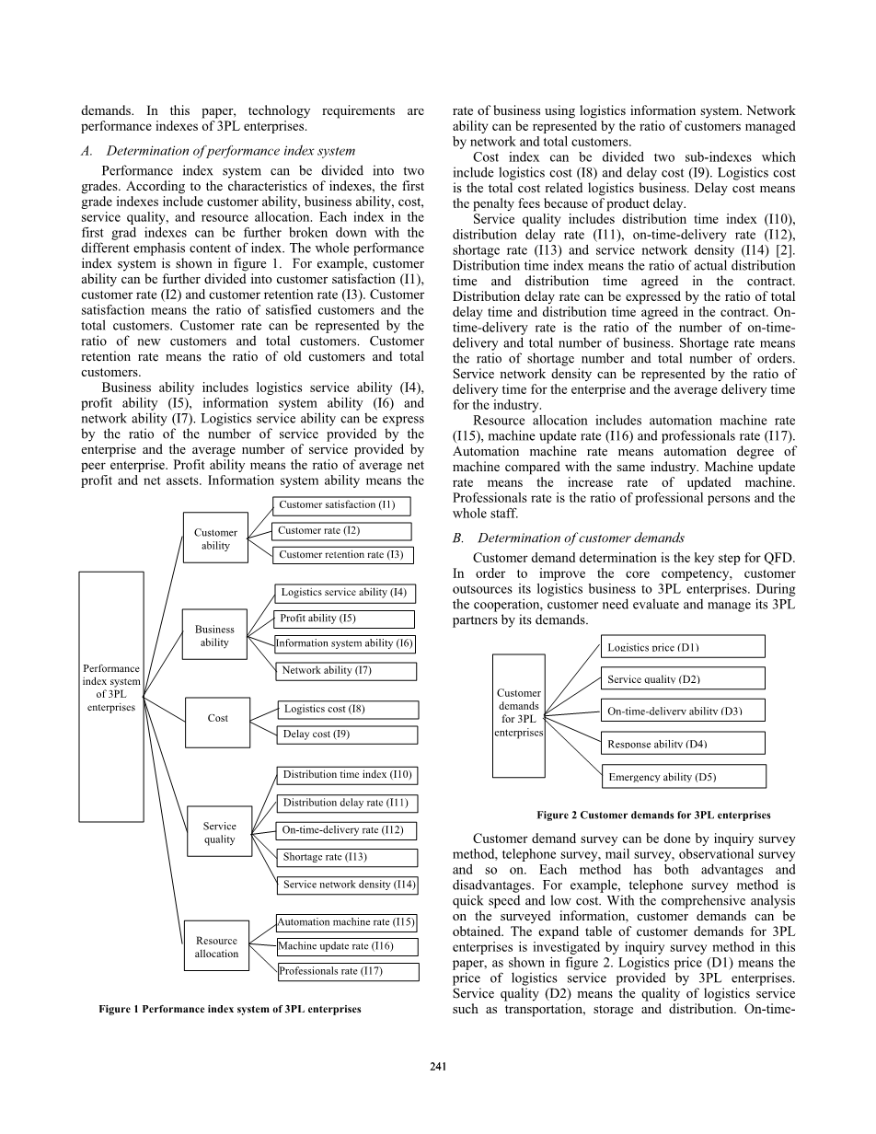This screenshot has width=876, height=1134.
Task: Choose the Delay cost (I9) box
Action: [x=348, y=735]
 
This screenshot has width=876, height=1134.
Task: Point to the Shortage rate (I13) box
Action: [x=348, y=858]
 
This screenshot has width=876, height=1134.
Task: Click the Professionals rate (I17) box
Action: [x=347, y=972]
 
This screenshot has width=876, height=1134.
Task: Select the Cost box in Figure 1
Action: [x=218, y=718]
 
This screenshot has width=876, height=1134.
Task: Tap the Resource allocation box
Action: [x=216, y=947]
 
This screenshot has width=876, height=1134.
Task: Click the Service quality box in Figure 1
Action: [x=220, y=832]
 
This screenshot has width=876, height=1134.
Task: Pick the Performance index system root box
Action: [x=111, y=696]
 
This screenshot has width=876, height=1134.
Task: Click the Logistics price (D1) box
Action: [x=684, y=646]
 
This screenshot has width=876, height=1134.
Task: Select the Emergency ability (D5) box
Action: [x=684, y=776]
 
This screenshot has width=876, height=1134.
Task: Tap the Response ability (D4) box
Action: [x=684, y=743]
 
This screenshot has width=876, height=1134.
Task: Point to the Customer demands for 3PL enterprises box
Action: [x=519, y=714]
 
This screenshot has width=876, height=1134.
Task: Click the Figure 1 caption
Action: [x=230, y=1010]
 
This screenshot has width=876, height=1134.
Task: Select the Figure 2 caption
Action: [x=653, y=816]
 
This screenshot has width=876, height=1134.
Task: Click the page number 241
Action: [x=438, y=1067]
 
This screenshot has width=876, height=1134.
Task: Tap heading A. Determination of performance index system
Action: [x=218, y=151]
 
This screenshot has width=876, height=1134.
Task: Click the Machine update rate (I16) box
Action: [x=347, y=946]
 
